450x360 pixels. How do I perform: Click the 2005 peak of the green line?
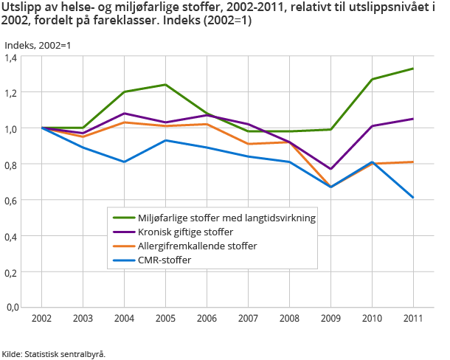(x=165, y=85)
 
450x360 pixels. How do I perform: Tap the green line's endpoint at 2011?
(x=412, y=69)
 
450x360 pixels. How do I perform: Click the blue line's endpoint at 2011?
(x=412, y=198)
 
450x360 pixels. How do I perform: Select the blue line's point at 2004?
(x=123, y=162)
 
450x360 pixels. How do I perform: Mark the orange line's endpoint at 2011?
(x=412, y=162)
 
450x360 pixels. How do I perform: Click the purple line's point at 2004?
(x=123, y=114)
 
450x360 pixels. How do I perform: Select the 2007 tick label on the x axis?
(x=247, y=318)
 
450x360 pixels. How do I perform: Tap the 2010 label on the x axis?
(x=371, y=318)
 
